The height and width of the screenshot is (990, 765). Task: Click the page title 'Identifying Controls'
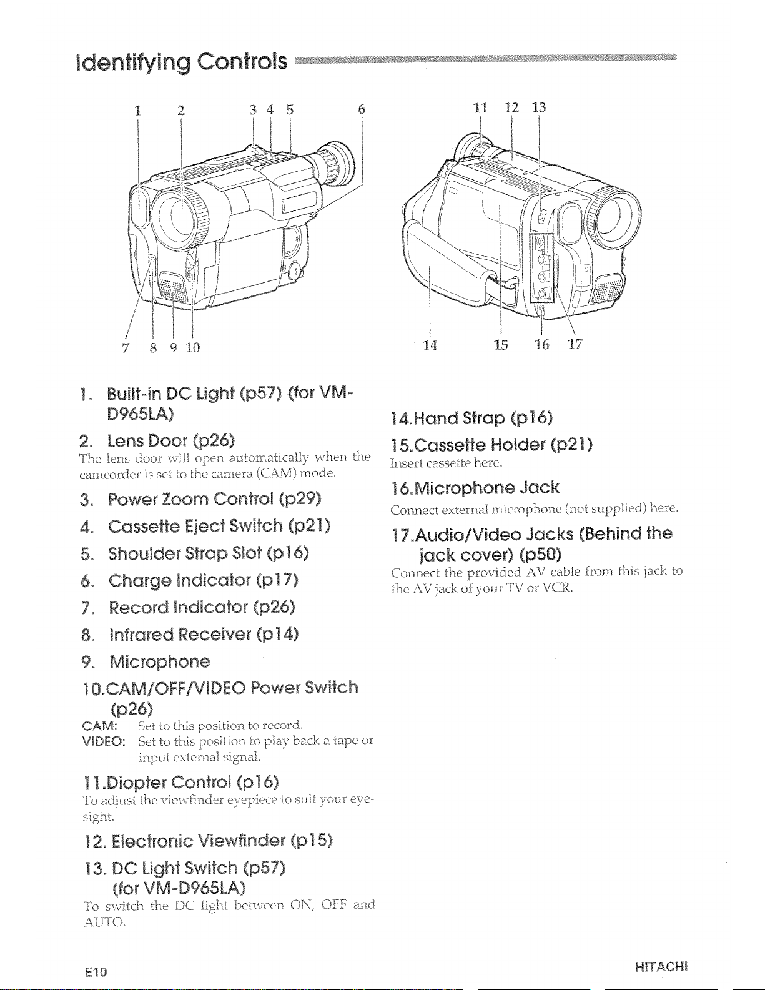tap(182, 62)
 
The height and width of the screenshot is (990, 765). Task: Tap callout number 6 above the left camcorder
tap(362, 109)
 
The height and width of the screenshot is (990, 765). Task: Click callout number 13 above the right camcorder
tap(539, 107)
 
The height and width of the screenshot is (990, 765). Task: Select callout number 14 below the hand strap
tap(430, 345)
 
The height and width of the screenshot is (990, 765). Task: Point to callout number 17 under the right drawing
tap(575, 344)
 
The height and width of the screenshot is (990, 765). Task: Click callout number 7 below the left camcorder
tap(126, 348)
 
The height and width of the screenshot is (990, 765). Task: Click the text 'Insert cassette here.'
tap(447, 463)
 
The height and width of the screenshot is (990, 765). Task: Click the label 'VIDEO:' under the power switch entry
tap(104, 741)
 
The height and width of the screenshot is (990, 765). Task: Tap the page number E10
tap(96, 972)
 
